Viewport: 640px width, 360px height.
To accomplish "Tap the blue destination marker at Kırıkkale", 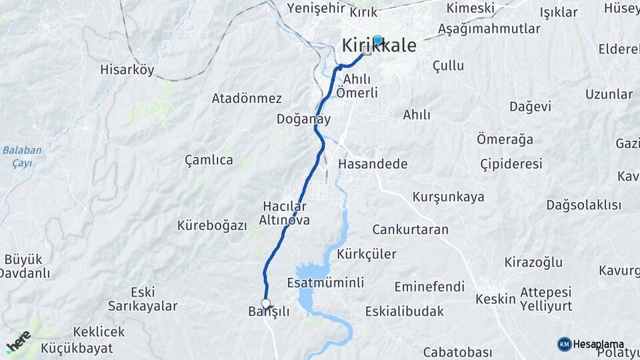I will pyautogui.click(x=377, y=40).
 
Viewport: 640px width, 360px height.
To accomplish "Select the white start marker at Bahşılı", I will pyautogui.click(x=266, y=304).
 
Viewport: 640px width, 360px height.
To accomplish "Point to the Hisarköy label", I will pyautogui.click(x=127, y=69).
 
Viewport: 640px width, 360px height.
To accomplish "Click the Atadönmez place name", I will pyautogui.click(x=247, y=98).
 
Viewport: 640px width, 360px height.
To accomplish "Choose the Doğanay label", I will pyautogui.click(x=304, y=119).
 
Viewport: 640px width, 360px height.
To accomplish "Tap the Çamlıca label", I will pyautogui.click(x=209, y=160).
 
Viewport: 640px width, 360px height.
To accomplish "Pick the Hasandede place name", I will pyautogui.click(x=373, y=163).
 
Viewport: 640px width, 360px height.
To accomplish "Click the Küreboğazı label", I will pyautogui.click(x=212, y=225).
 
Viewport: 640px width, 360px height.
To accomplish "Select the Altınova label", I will pyautogui.click(x=284, y=219).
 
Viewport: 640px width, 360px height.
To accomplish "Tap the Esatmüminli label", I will pyautogui.click(x=325, y=283).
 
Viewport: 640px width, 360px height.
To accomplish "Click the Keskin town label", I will pyautogui.click(x=495, y=299).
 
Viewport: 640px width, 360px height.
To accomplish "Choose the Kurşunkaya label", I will pyautogui.click(x=448, y=197).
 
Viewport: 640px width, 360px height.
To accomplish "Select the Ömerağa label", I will pyautogui.click(x=505, y=139).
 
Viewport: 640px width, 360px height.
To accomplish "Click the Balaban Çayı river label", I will pyautogui.click(x=21, y=156).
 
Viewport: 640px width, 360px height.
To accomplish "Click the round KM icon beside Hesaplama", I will pyautogui.click(x=564, y=344).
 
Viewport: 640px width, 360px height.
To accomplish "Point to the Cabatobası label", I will pyautogui.click(x=457, y=352).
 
